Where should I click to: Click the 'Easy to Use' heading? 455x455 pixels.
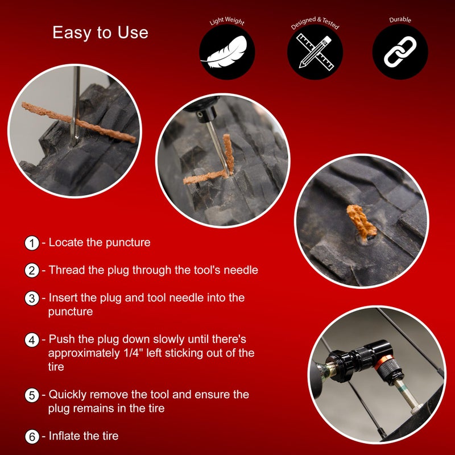tap(100, 32)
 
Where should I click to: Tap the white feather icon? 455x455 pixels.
tap(226, 52)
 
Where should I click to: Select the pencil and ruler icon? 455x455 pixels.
tap(315, 52)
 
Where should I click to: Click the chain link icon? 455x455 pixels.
tap(400, 52)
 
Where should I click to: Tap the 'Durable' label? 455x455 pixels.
tap(400, 20)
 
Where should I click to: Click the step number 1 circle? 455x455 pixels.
tap(32, 243)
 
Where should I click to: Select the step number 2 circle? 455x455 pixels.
tap(32, 270)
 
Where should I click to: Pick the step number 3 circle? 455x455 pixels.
tap(32, 298)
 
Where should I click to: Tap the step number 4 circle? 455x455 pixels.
tap(32, 340)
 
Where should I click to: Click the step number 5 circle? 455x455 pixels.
tap(32, 395)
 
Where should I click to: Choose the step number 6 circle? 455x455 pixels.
tap(32, 437)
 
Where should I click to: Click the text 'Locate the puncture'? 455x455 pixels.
tap(100, 242)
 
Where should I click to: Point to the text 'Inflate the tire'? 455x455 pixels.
tap(84, 436)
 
